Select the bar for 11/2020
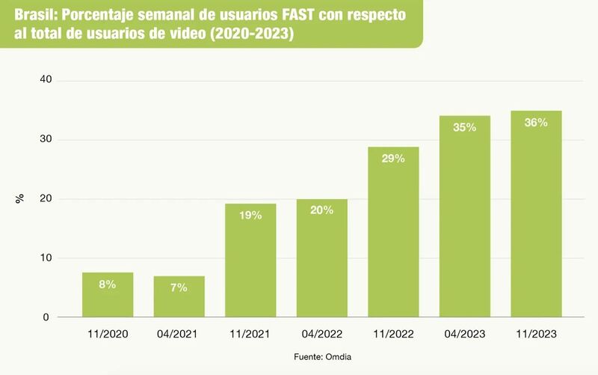pyautogui.click(x=108, y=295)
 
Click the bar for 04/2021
pyautogui.click(x=179, y=297)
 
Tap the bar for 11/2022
pyautogui.click(x=393, y=232)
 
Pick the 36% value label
pyautogui.click(x=536, y=123)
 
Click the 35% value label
pyautogui.click(x=465, y=127)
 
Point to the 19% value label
pyautogui.click(x=250, y=216)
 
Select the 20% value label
pyautogui.click(x=321, y=210)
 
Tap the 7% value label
pyautogui.click(x=179, y=287)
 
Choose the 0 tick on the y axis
pyautogui.click(x=46, y=317)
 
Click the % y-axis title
pyautogui.click(x=19, y=198)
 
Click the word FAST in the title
pyautogui.click(x=300, y=16)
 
